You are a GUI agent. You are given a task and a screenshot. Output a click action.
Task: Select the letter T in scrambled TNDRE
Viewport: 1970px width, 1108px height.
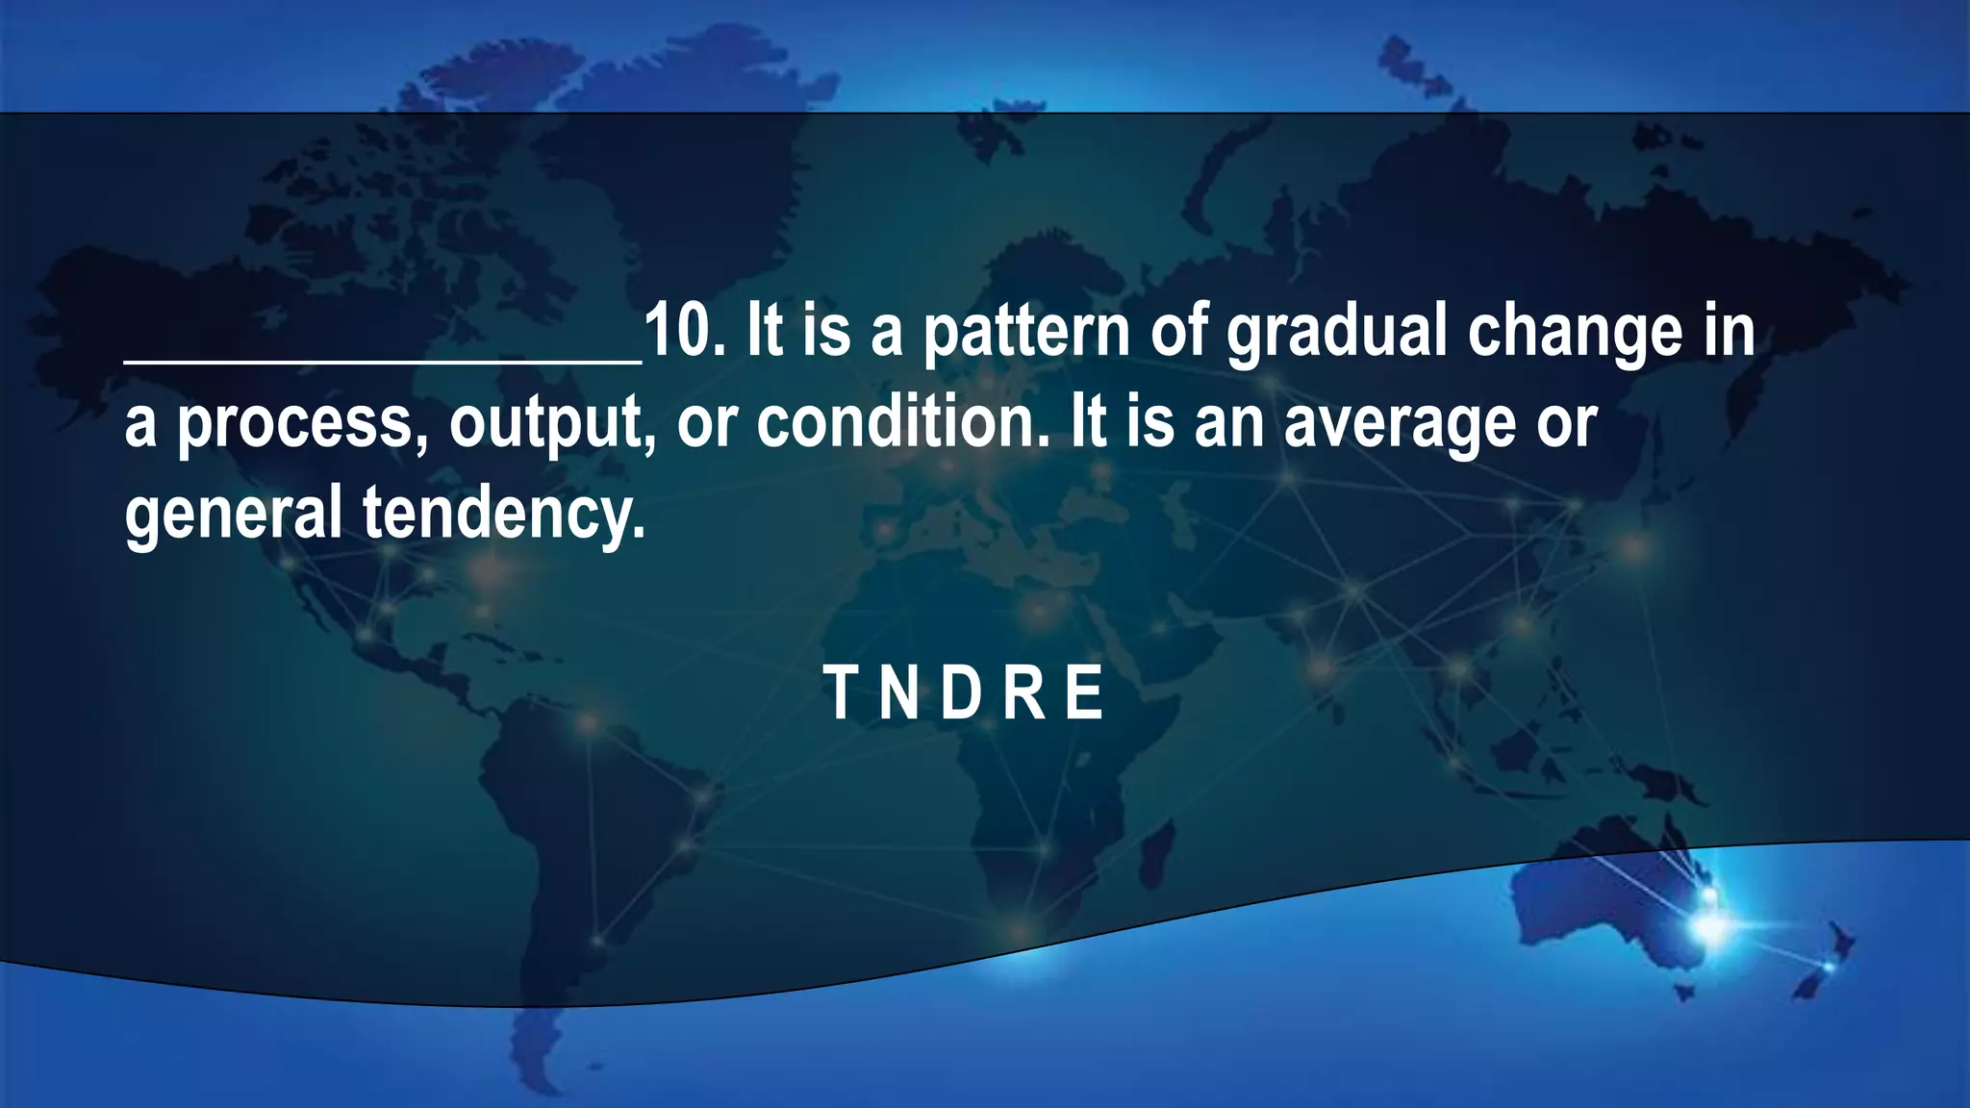[x=839, y=693]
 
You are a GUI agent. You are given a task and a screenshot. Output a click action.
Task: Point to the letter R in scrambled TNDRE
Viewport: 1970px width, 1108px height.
[x=1025, y=693]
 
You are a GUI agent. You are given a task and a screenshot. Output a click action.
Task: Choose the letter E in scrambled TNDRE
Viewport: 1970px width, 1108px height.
[x=1085, y=693]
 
